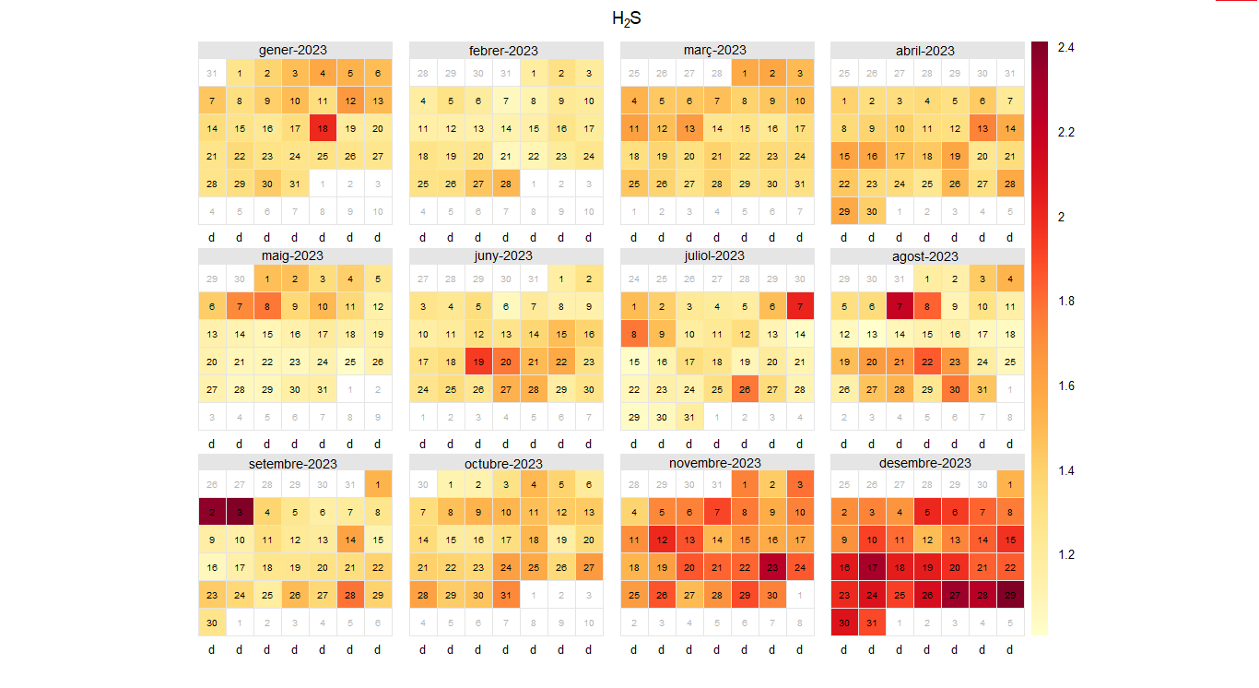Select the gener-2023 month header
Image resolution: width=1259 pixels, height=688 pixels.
pyautogui.click(x=294, y=50)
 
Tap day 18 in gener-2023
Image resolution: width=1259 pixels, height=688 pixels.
pyautogui.click(x=322, y=128)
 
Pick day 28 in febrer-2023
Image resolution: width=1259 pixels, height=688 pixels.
pyautogui.click(x=505, y=184)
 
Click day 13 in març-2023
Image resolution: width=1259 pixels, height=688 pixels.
pyautogui.click(x=688, y=128)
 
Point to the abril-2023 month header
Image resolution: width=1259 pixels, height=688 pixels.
pyautogui.click(x=926, y=50)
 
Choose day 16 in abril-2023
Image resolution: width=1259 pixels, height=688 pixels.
pyautogui.click(x=871, y=156)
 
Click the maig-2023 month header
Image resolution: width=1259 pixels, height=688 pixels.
pyautogui.click(x=294, y=255)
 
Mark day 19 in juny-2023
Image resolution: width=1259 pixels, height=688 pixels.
pyautogui.click(x=477, y=362)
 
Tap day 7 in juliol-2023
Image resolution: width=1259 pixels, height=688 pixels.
pyautogui.click(x=800, y=306)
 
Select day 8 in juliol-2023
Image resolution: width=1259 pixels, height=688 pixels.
pyautogui.click(x=634, y=334)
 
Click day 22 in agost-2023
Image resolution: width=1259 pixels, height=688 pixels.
pyautogui.click(x=926, y=362)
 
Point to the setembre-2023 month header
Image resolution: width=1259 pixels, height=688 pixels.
pyautogui.click(x=294, y=463)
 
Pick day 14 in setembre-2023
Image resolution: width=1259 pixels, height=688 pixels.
pyautogui.click(x=349, y=540)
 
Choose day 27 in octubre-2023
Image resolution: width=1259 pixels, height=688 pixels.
pyautogui.click(x=588, y=567)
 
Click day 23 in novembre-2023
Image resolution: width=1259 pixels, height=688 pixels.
pyautogui.click(x=772, y=567)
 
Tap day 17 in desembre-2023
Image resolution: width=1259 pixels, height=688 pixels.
pyautogui.click(x=871, y=567)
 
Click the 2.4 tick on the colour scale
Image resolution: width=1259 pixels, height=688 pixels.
pyautogui.click(x=1066, y=47)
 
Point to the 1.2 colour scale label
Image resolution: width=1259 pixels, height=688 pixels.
pyautogui.click(x=1066, y=554)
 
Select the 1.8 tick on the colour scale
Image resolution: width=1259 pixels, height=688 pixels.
pyautogui.click(x=1066, y=301)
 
